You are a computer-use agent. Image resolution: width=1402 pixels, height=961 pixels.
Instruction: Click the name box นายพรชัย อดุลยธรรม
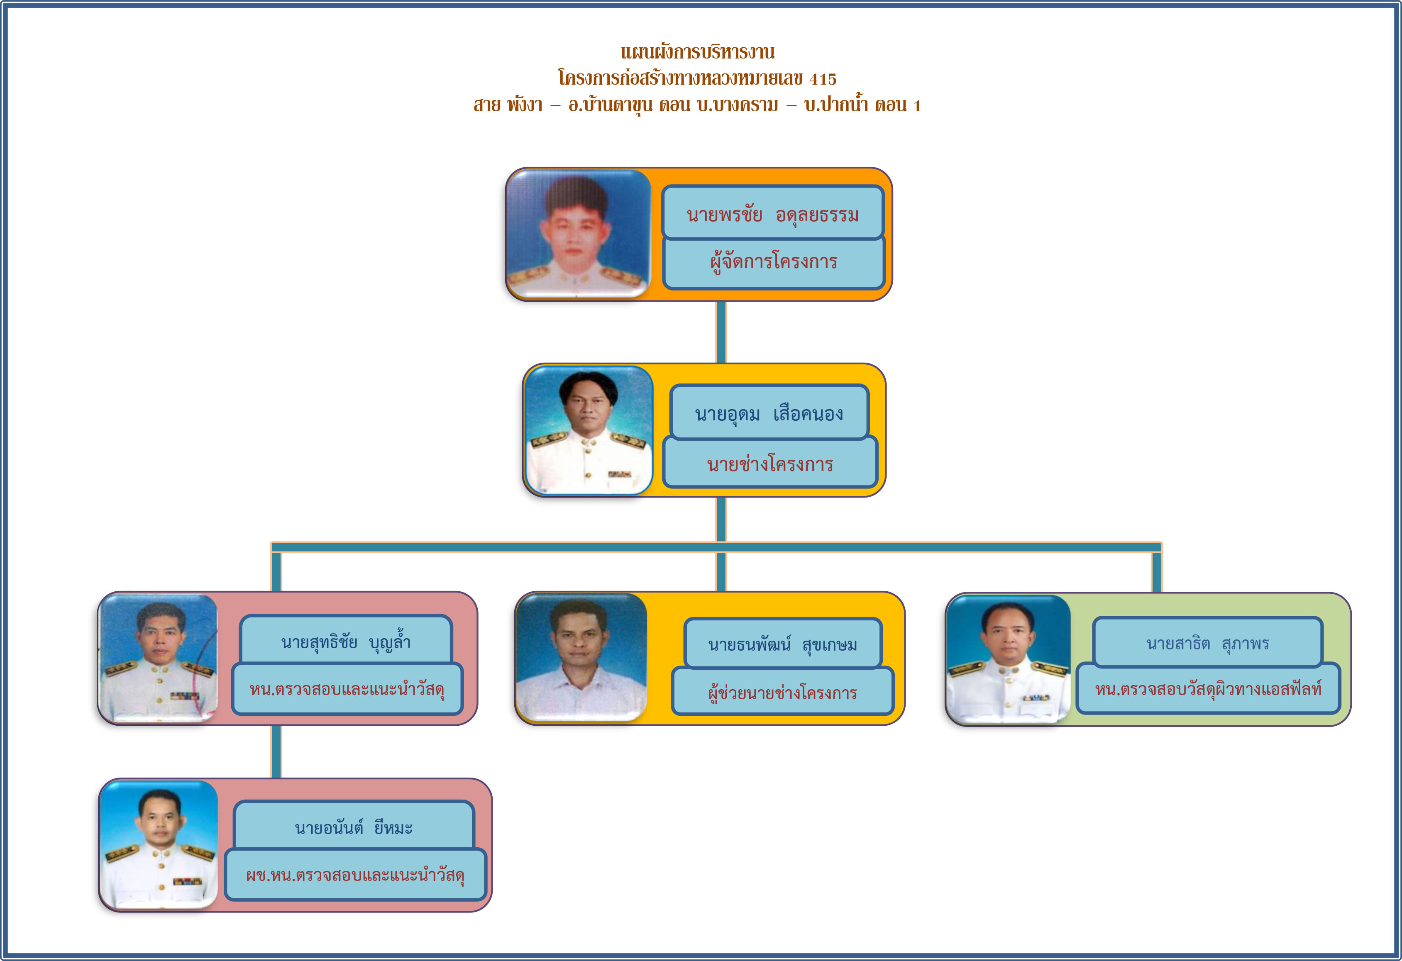point(773,212)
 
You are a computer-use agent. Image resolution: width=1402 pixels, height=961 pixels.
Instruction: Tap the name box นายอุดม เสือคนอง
point(769,412)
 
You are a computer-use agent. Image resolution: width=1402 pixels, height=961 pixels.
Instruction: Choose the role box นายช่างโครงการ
point(770,463)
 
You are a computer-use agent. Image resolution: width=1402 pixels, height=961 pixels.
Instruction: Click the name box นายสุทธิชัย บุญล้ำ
point(346,640)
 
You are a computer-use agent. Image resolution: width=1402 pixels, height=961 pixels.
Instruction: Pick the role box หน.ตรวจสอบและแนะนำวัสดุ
point(347,689)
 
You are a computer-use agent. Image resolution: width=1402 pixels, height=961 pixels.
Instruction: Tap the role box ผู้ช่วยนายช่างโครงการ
point(782,691)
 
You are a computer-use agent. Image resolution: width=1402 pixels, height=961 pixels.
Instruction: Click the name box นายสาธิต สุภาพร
point(1208,642)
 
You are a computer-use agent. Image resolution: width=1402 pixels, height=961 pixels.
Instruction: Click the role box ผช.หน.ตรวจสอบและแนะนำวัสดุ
point(355,875)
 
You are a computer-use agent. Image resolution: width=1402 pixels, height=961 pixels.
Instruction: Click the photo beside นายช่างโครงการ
point(589,430)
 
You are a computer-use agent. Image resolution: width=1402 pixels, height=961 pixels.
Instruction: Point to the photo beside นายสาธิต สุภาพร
point(1008,659)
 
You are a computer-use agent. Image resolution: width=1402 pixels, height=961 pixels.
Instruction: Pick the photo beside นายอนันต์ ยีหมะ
point(159,844)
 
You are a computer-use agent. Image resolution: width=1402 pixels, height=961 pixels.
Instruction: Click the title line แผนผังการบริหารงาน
point(698,52)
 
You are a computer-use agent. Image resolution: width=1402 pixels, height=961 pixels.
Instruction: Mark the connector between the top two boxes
point(721,332)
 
